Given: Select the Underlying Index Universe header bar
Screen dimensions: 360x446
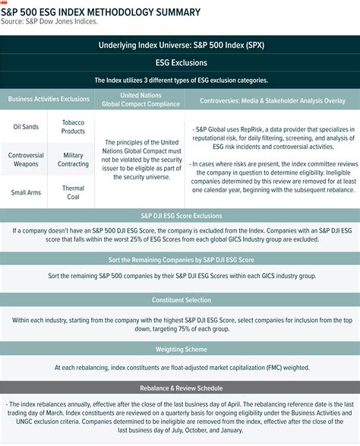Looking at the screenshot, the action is pos(179,46).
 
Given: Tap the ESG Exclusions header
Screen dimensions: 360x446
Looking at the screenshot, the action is pos(179,63).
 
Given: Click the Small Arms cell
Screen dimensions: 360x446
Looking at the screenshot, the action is pos(26,193).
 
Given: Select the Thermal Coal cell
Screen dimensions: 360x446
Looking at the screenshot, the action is pos(73,193).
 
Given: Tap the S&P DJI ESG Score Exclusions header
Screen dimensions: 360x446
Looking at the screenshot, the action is pos(179,216).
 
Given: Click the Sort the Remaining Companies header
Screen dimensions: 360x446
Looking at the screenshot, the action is pos(179,260).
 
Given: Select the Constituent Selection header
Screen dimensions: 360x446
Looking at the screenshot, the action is pos(179,299).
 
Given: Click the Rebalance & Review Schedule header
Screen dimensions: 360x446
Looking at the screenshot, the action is pos(179,387).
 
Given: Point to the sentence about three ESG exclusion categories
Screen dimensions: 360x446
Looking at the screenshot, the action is pos(179,80).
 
